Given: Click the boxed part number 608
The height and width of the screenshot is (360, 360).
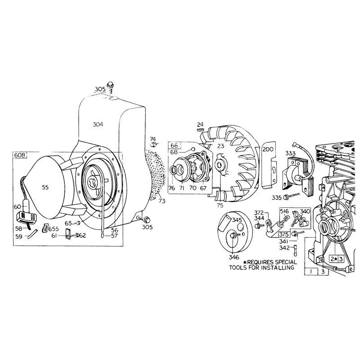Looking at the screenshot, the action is tap(19, 155).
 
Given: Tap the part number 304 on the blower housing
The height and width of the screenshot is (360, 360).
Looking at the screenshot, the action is tap(98, 125).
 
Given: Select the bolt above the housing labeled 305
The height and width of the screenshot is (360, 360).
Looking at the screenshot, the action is tap(111, 86).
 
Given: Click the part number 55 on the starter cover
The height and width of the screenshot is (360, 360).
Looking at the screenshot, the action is tap(45, 187).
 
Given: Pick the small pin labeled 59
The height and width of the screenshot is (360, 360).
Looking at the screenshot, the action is tap(32, 234).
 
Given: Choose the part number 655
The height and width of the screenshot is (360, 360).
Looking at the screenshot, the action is tap(54, 229).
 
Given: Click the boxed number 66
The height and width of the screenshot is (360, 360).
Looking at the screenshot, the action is tap(174, 145).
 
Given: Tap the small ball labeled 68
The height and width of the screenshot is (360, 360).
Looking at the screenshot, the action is tap(193, 149).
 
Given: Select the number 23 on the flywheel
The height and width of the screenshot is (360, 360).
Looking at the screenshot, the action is tap(220, 146).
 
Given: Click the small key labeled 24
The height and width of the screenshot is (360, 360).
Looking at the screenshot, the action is tap(200, 130).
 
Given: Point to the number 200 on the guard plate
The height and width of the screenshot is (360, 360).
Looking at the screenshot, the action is tap(268, 149).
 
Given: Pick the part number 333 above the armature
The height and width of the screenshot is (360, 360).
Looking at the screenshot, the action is tap(291, 153).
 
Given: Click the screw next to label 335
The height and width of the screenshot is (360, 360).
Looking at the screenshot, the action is tap(292, 196).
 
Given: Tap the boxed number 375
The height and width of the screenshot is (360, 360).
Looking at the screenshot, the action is tap(284, 234).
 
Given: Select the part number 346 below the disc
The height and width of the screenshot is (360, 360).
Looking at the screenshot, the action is tap(234, 257).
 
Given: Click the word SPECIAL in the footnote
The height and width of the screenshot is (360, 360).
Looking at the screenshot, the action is tap(286, 262).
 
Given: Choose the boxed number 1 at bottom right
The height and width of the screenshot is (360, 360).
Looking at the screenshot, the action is tap(311, 272).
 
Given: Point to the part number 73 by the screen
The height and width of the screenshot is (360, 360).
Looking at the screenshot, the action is tap(162, 201).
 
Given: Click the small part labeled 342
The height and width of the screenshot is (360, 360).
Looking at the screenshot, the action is tap(295, 250).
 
